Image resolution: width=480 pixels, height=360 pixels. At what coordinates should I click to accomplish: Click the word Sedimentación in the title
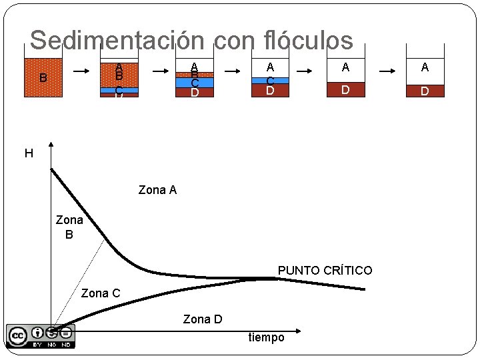pos(117,41)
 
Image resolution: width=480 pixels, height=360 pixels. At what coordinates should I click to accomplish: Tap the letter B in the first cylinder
pos(43,78)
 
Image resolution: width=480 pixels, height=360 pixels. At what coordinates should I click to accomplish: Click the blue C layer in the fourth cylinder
pos(270,80)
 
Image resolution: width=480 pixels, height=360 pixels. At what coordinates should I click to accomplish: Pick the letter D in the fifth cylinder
pos(345,89)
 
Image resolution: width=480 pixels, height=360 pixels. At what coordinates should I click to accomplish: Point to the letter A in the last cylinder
pos(425,67)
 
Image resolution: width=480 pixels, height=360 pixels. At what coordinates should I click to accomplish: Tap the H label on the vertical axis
pos(29,154)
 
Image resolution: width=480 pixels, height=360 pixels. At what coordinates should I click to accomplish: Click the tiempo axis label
pos(266,337)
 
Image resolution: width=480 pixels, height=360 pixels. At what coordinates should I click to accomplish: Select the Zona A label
pos(157,191)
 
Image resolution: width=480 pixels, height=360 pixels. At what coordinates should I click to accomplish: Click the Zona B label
pos(69,227)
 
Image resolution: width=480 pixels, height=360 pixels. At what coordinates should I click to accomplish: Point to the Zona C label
pos(101,293)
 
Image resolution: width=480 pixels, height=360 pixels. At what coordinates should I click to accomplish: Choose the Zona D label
pos(203,320)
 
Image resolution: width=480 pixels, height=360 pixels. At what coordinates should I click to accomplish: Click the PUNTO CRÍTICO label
pos(325,271)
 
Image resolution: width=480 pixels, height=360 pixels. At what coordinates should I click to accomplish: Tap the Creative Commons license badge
pos(41,336)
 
